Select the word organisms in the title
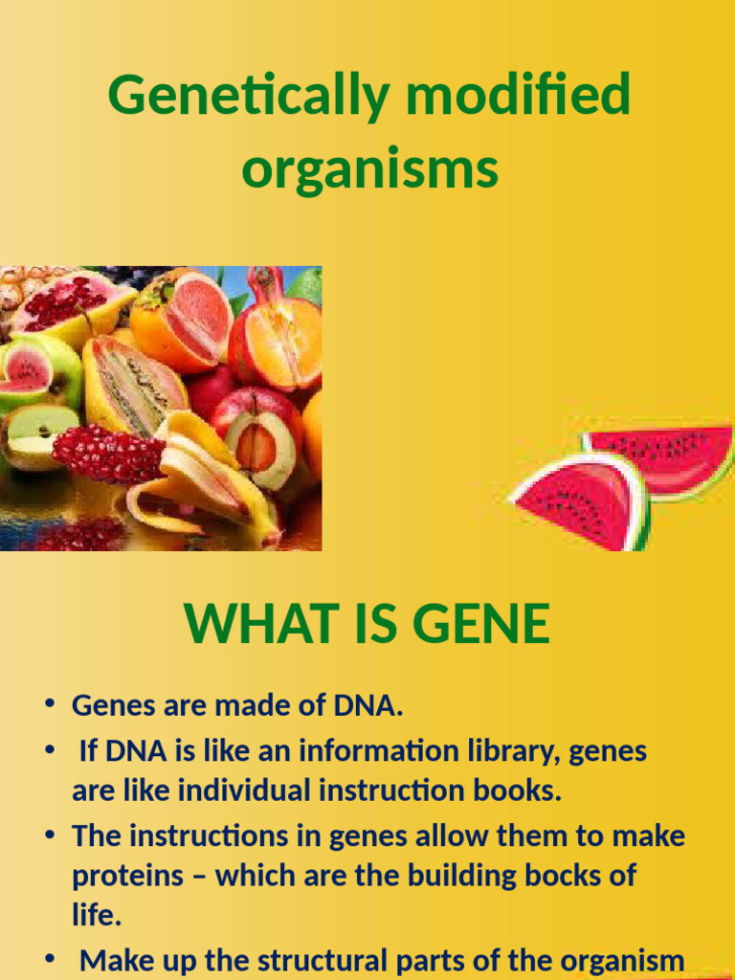coord(369,170)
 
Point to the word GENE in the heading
coord(485,624)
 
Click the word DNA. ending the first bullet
coord(367,706)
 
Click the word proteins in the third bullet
coord(133,876)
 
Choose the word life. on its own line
coord(97,915)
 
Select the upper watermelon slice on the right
coord(662,457)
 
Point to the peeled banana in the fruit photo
coord(206,479)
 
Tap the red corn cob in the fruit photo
coord(107,454)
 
